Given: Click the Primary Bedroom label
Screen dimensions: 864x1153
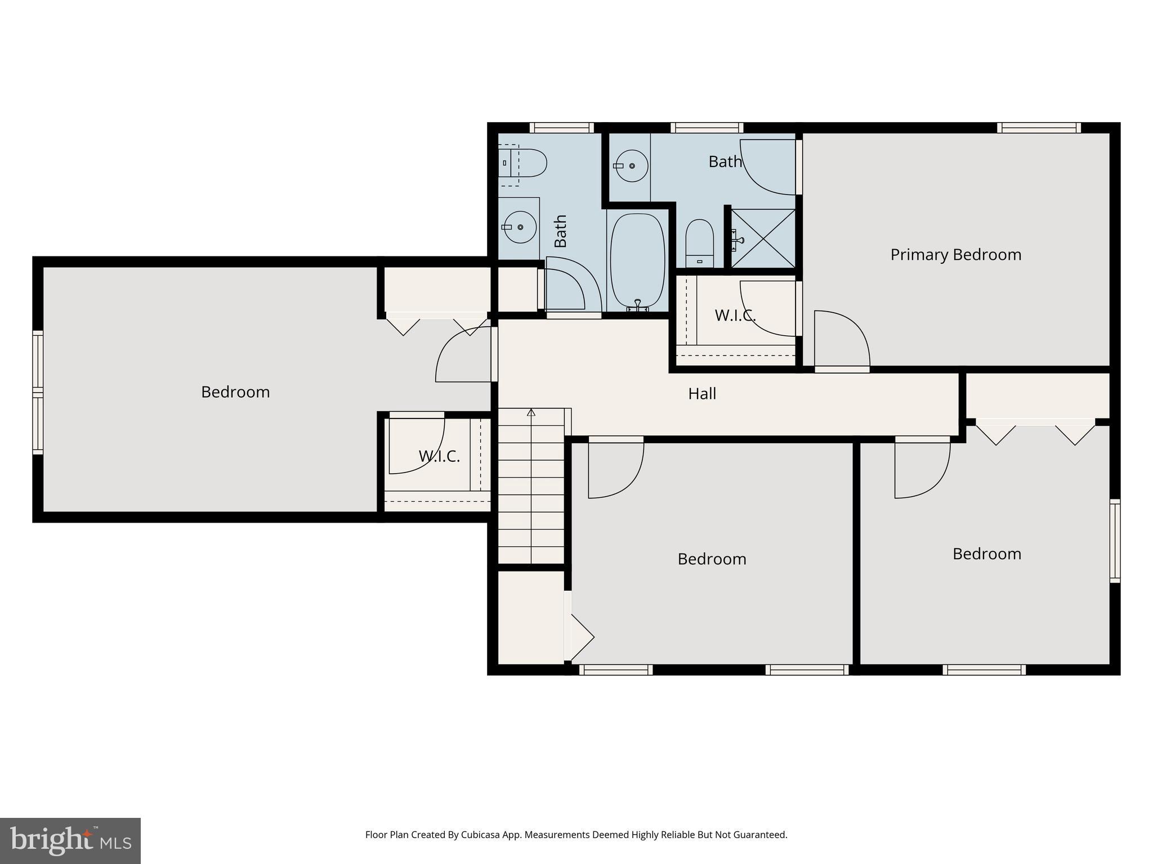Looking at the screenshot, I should (x=955, y=255).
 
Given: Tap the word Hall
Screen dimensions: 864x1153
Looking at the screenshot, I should (x=702, y=394).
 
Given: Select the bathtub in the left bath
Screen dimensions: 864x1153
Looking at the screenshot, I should (x=637, y=261).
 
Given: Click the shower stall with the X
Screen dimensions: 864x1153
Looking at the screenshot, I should (x=763, y=238).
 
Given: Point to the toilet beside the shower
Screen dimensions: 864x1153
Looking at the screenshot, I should (x=700, y=244).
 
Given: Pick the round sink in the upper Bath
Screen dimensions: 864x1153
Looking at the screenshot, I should (x=632, y=166).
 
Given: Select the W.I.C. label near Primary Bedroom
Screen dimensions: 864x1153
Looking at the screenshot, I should (x=735, y=316).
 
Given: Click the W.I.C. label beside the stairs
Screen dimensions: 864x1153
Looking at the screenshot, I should (x=439, y=456).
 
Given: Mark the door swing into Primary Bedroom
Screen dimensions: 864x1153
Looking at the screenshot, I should (x=842, y=340).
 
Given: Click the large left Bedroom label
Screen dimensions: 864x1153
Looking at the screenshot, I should (x=235, y=392).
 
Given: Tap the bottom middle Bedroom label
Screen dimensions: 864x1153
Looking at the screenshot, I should (x=712, y=559).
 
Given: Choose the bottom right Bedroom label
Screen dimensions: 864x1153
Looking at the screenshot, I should (x=986, y=554).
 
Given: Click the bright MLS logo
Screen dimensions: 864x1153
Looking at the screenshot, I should (x=70, y=841).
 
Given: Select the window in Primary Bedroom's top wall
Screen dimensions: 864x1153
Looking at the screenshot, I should (x=1039, y=128).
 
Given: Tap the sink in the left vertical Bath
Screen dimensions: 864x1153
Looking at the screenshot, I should (x=520, y=227).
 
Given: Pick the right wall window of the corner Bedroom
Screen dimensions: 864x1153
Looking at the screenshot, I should (x=1115, y=541).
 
